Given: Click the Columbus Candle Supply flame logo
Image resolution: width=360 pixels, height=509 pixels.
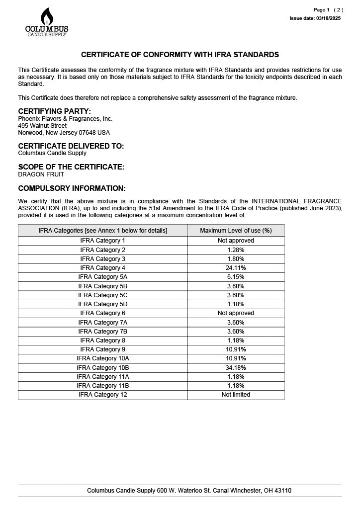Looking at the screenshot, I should [x=47, y=22].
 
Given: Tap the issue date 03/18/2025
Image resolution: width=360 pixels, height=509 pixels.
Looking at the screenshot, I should [x=315, y=18].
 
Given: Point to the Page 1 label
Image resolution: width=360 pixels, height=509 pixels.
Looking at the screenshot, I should [x=321, y=10].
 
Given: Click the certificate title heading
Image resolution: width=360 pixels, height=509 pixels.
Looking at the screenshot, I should [x=180, y=55].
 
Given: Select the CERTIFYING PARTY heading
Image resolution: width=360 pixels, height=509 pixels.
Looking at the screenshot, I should [x=55, y=111].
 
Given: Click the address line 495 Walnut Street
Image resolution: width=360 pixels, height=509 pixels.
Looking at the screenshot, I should [x=42, y=126].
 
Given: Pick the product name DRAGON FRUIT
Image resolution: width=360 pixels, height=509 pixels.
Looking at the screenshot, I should [x=41, y=174].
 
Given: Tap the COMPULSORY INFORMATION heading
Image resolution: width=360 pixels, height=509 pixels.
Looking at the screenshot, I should [x=72, y=188].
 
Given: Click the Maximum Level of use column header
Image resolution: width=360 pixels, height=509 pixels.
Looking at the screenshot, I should [x=236, y=231].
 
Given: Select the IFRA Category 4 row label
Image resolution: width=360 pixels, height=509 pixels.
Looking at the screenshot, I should [x=103, y=268].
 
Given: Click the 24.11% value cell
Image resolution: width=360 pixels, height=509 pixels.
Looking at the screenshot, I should [x=236, y=268].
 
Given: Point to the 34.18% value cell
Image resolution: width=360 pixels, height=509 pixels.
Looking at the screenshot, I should [x=236, y=367].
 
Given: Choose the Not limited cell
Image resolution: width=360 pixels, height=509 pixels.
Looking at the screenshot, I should [x=236, y=395].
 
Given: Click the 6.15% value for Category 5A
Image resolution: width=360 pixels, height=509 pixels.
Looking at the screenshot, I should [x=236, y=277].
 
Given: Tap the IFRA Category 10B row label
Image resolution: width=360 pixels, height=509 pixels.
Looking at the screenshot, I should [x=103, y=367].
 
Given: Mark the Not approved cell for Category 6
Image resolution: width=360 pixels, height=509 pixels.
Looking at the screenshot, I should [x=236, y=313].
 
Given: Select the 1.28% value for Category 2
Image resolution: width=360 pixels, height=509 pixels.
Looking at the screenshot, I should [x=236, y=250].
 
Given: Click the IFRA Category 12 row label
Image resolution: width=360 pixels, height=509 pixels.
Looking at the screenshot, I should [x=103, y=395].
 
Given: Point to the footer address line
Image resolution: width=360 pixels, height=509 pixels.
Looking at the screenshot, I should [x=189, y=491].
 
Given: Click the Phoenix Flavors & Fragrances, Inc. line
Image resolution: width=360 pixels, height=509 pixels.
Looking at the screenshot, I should [x=65, y=119].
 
